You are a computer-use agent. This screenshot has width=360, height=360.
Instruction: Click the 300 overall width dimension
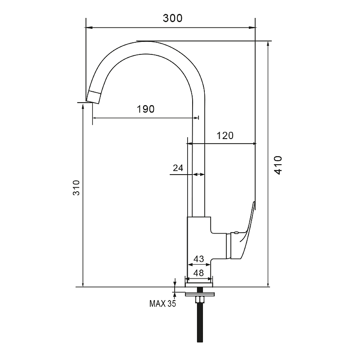(172, 18)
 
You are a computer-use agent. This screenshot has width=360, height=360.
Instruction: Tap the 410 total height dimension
(278, 165)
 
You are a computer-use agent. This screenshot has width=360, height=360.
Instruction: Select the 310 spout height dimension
(76, 188)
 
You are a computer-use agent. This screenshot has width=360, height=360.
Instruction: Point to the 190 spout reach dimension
(145, 109)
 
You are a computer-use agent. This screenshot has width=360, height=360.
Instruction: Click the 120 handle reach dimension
(225, 136)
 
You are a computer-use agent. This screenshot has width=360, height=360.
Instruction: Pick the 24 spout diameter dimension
(178, 168)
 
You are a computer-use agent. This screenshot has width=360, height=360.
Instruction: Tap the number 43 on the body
(198, 259)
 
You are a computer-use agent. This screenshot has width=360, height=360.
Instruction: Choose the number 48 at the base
(198, 273)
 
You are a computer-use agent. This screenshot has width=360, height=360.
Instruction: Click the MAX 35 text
(162, 304)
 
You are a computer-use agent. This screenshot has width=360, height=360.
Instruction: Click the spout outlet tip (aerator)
(94, 97)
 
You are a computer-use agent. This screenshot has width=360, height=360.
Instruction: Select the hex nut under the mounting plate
(200, 300)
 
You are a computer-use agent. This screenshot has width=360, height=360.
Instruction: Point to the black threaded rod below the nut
(200, 323)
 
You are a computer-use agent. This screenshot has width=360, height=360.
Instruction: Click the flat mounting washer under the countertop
(200, 294)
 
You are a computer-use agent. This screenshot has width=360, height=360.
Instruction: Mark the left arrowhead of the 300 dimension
(89, 27)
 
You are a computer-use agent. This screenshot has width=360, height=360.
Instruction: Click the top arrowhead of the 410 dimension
(268, 45)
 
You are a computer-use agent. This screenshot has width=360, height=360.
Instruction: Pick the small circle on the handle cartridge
(236, 233)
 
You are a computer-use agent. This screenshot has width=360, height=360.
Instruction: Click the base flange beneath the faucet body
(199, 285)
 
